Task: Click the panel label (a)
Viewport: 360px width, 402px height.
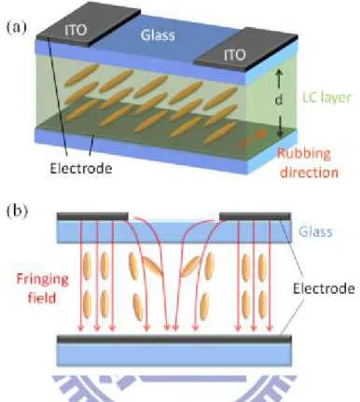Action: click(x=17, y=28)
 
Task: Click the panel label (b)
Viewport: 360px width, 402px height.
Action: click(x=17, y=212)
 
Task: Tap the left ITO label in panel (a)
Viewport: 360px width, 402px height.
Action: click(x=76, y=30)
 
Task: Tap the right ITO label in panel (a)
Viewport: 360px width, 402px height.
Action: click(x=235, y=55)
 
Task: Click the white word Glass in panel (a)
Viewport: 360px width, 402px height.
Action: click(x=158, y=35)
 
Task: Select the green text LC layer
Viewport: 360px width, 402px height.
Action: click(x=327, y=97)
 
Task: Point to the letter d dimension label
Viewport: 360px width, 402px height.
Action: click(x=279, y=100)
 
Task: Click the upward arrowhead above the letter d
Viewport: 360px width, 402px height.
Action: click(x=279, y=73)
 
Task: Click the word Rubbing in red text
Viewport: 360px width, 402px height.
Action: click(x=304, y=154)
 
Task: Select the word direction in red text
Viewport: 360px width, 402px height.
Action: click(x=309, y=172)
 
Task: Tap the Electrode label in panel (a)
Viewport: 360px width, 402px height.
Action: click(x=81, y=168)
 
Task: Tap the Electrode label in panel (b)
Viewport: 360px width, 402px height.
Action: click(x=324, y=288)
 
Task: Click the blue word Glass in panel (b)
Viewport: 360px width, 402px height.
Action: click(x=315, y=231)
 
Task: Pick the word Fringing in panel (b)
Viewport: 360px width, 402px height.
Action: click(x=42, y=280)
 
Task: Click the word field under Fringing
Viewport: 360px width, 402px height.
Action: click(x=42, y=298)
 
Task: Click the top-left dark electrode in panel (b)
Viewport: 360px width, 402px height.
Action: click(x=92, y=216)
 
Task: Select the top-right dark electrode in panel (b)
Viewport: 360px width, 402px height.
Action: click(x=256, y=216)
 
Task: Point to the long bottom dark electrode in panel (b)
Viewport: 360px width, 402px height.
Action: click(x=174, y=339)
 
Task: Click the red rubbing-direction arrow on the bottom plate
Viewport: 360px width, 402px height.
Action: click(x=253, y=138)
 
